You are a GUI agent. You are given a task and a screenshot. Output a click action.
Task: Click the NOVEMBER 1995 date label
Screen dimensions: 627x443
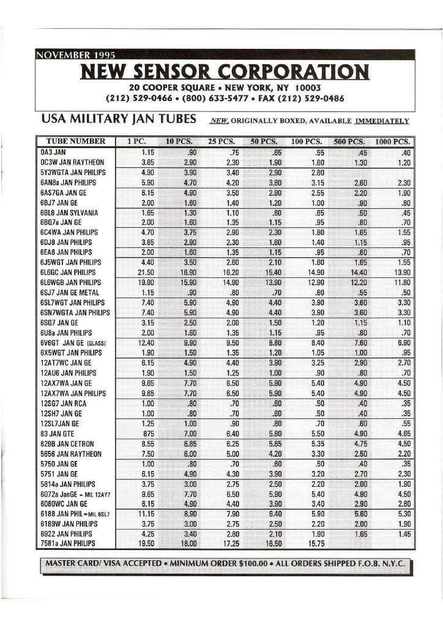coord(72,57)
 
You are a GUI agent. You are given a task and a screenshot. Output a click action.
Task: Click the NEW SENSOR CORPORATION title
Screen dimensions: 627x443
coord(225,72)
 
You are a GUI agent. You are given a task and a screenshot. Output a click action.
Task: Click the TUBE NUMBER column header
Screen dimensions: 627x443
coord(76,141)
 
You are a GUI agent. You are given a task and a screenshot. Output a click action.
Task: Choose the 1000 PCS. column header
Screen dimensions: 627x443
coord(393,141)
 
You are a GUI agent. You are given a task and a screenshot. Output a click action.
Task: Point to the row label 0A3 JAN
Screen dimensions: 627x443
coord(54,152)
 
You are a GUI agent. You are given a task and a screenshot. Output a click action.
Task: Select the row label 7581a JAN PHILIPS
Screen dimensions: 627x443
coord(68,543)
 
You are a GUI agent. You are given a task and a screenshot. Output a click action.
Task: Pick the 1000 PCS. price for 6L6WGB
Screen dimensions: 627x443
coord(401,282)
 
